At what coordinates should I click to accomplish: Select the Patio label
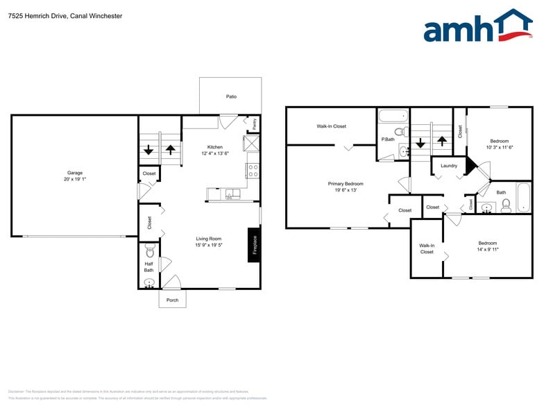click(231, 96)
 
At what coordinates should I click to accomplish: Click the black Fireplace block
click(255, 245)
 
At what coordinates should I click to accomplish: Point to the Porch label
click(172, 300)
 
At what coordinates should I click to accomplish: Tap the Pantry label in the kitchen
click(255, 124)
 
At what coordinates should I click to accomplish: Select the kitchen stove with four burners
click(253, 171)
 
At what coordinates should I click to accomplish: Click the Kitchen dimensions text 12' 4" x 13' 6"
click(215, 153)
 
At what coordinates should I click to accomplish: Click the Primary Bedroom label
click(346, 184)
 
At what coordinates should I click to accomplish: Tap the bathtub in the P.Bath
click(393, 116)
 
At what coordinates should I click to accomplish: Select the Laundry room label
click(448, 166)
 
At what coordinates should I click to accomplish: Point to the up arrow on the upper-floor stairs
click(441, 142)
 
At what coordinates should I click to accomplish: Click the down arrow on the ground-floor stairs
click(148, 150)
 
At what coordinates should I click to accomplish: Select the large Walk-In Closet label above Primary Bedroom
click(331, 126)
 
